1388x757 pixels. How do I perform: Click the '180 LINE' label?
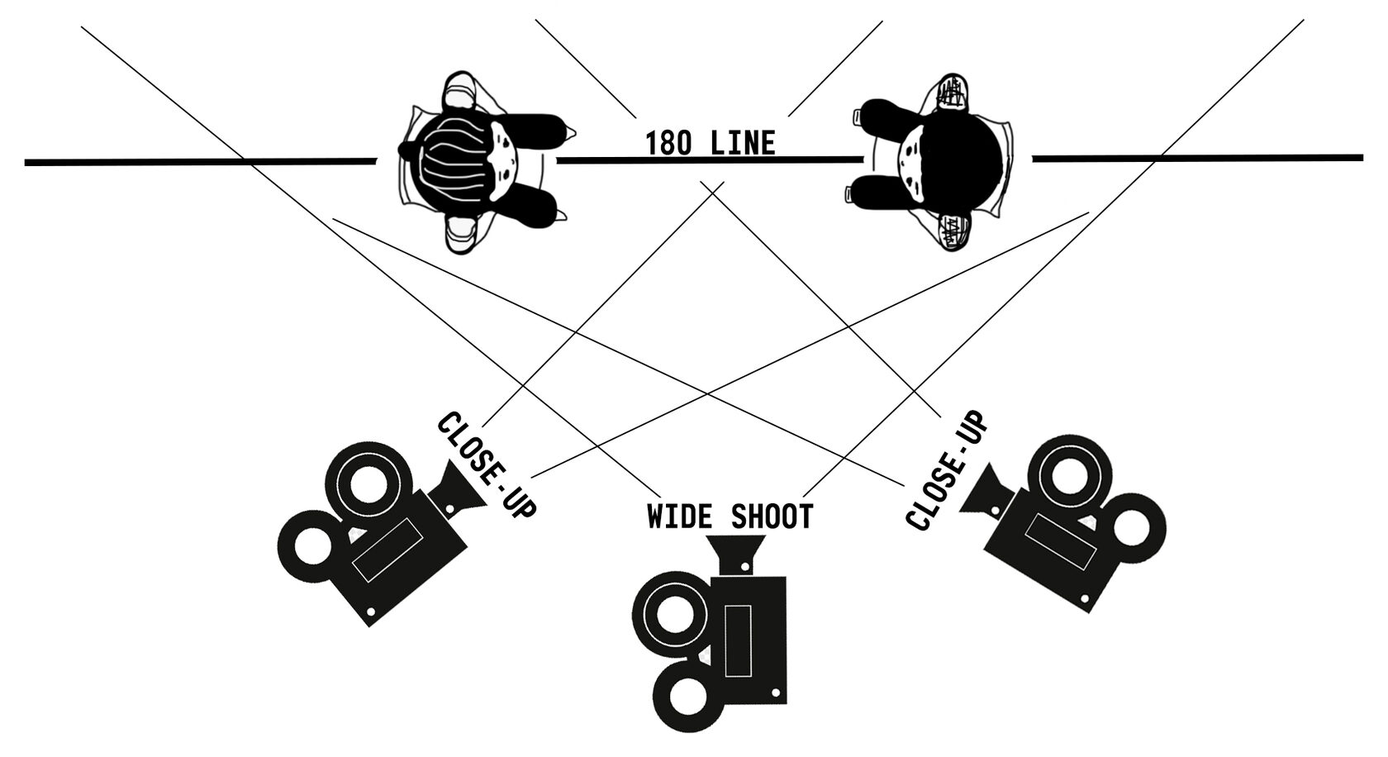(x=711, y=143)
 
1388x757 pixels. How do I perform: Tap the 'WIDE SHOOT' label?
(x=730, y=517)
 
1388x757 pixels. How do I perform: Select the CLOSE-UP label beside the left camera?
(x=487, y=465)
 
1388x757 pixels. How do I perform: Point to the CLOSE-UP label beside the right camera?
(x=946, y=471)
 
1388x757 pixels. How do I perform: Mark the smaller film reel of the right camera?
(x=1131, y=528)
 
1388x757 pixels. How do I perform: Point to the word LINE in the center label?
(x=743, y=143)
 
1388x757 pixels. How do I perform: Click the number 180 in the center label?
(x=668, y=143)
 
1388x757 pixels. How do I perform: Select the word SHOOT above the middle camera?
(x=772, y=517)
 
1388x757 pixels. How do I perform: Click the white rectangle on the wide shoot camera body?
(x=738, y=640)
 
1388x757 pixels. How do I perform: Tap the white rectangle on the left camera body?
(x=387, y=550)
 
